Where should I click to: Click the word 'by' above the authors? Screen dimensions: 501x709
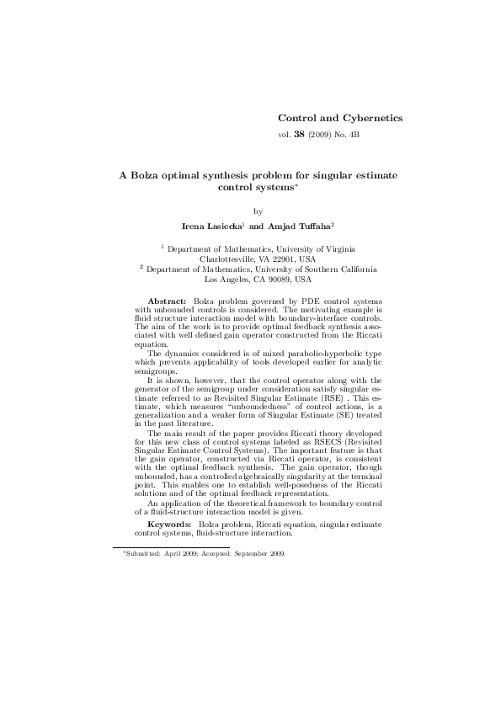(x=258, y=211)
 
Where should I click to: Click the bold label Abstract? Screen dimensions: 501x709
(x=167, y=301)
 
